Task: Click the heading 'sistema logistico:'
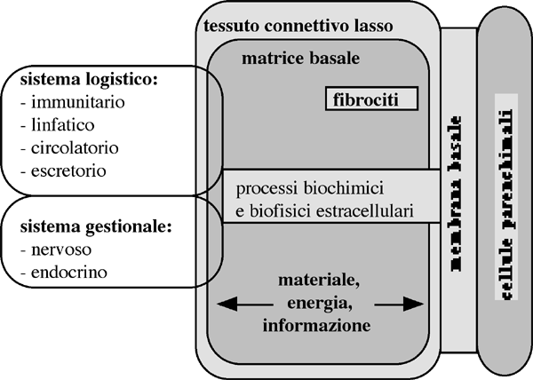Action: point(88,80)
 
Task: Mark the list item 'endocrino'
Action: point(61,272)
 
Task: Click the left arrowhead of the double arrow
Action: point(223,305)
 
